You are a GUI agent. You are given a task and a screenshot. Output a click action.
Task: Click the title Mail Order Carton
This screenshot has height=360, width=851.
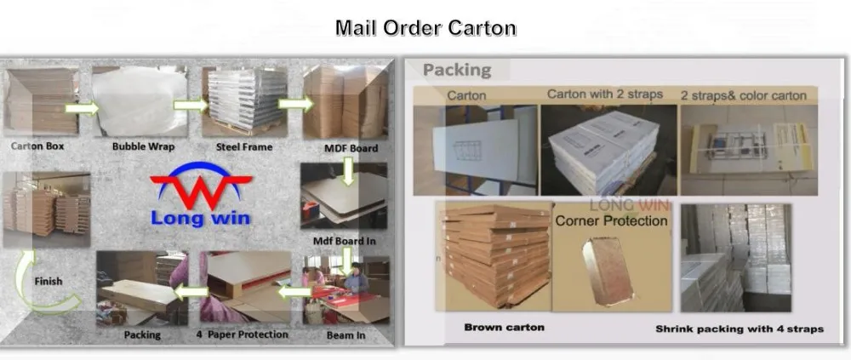[x=425, y=27]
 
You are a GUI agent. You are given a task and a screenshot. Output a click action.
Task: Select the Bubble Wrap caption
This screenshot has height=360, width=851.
[x=143, y=146]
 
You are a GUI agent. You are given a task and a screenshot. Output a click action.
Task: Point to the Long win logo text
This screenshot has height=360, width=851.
[x=201, y=218]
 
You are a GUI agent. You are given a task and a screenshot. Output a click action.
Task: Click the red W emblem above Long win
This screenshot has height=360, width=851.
[x=202, y=188]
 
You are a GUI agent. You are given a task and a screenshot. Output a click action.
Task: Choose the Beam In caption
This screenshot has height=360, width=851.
[x=346, y=335]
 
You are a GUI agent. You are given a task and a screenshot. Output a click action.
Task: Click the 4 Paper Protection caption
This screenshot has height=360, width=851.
[x=243, y=334]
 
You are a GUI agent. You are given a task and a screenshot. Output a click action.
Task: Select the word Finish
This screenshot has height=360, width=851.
[x=48, y=281]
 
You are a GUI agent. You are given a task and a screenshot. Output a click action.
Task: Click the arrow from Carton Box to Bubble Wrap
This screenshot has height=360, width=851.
[x=82, y=108]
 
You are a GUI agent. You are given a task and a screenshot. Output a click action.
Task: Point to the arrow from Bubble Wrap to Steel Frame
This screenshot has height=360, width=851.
[x=188, y=105]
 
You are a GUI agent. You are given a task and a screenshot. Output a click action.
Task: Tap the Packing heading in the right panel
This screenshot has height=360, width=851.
[x=457, y=70]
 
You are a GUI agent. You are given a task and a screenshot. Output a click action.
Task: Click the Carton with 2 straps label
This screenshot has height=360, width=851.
[x=604, y=94]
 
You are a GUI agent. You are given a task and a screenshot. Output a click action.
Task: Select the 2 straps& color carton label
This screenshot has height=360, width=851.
[x=743, y=95]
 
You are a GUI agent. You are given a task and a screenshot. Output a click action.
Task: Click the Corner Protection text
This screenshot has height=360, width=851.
[x=611, y=221]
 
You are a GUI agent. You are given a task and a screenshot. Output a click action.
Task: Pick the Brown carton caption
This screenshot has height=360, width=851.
[x=504, y=327]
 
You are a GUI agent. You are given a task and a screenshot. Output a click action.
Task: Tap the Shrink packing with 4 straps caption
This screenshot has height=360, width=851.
[x=739, y=329]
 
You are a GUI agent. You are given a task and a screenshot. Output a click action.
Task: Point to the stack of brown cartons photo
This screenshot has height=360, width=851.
[x=494, y=255]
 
